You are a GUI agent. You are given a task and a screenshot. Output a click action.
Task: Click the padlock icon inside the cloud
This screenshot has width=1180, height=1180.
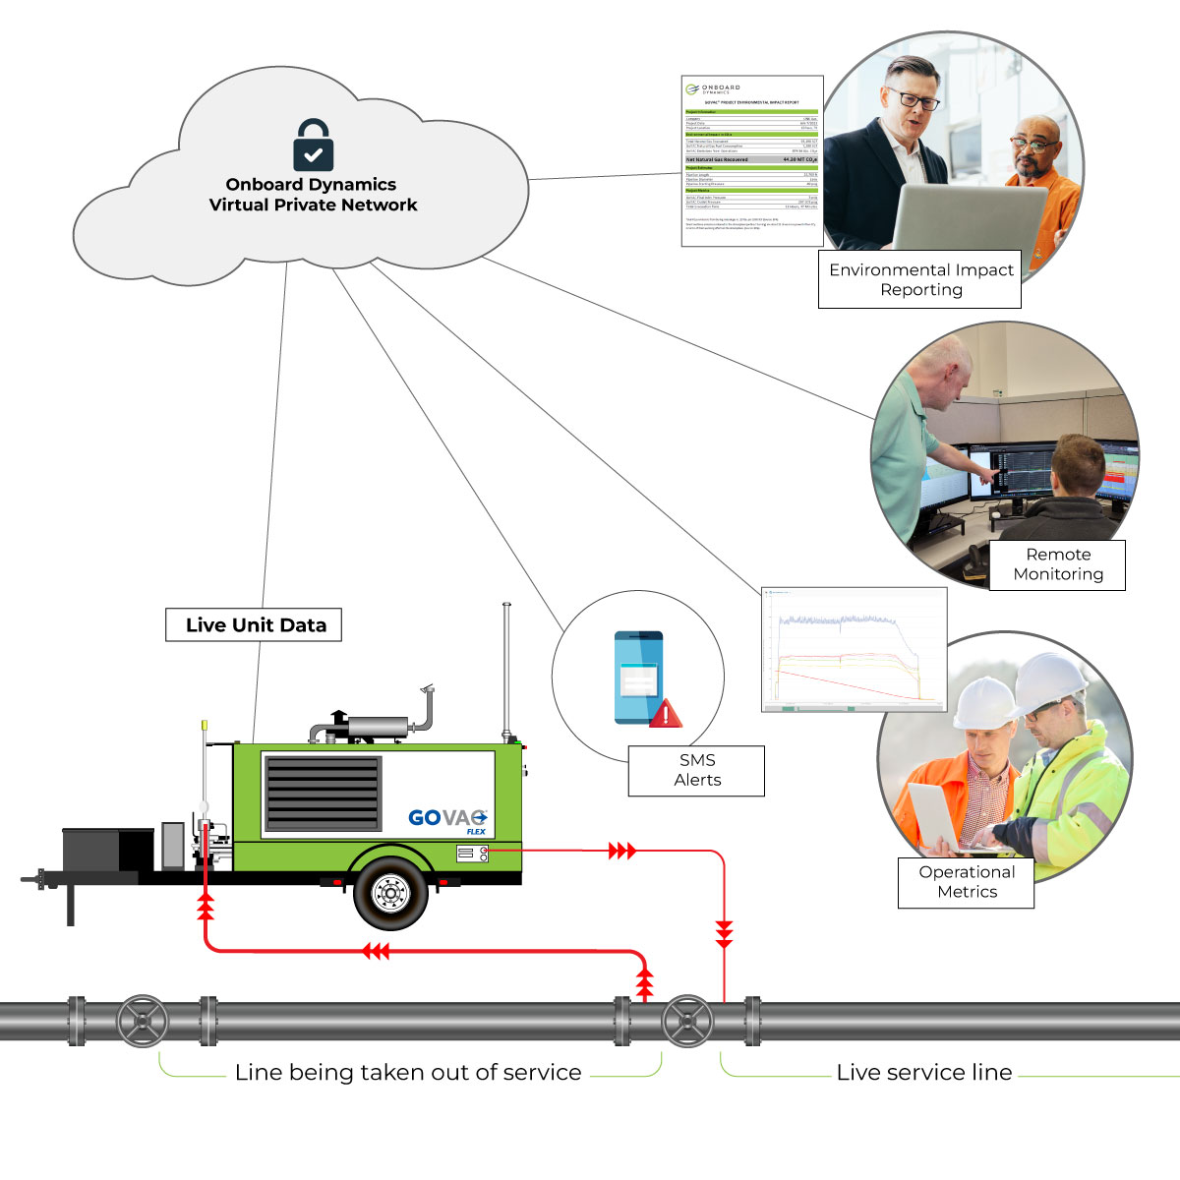click(313, 146)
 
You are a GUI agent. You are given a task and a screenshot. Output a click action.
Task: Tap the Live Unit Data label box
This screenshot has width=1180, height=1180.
click(254, 625)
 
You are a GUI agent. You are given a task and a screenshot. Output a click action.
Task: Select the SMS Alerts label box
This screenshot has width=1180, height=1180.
click(696, 770)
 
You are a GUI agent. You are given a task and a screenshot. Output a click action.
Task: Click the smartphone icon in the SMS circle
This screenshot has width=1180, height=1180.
click(638, 678)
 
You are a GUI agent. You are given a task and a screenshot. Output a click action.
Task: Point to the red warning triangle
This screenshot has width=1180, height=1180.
click(666, 713)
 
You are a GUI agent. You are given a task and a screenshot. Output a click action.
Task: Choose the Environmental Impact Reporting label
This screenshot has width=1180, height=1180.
click(920, 279)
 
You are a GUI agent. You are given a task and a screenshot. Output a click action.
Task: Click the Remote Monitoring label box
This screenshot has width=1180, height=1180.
click(1057, 564)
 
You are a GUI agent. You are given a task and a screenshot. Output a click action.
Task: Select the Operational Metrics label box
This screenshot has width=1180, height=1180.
click(966, 882)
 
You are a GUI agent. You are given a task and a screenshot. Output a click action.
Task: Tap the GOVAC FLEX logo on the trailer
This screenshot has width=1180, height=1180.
click(447, 819)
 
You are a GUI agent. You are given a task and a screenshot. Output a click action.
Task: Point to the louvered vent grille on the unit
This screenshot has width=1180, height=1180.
click(323, 795)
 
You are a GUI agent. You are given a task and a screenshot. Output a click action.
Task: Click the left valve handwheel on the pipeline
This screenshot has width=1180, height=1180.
click(143, 1022)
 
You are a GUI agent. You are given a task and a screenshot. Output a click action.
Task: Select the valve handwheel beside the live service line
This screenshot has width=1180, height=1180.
click(687, 1022)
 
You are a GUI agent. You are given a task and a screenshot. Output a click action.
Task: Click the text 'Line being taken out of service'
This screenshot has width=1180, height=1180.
click(408, 1073)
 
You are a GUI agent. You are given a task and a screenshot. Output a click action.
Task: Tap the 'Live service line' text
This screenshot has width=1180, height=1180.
click(923, 1073)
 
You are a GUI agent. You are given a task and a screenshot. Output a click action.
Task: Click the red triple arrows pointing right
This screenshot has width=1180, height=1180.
click(621, 851)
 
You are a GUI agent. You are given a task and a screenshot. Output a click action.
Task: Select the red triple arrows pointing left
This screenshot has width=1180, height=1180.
click(376, 951)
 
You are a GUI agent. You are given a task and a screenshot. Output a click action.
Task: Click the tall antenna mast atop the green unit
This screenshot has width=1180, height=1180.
click(507, 669)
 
